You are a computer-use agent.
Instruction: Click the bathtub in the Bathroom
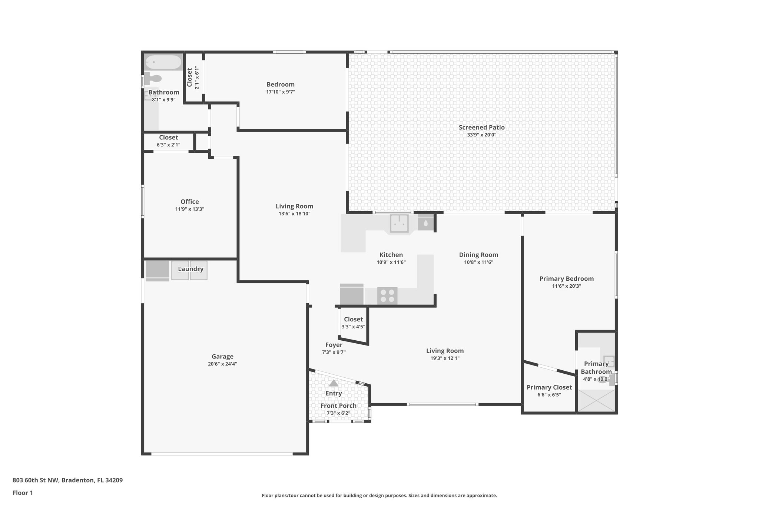[163, 63]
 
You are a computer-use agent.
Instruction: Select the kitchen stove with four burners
[387, 296]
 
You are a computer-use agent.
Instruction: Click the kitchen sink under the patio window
[399, 224]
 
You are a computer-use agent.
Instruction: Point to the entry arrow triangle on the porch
[334, 383]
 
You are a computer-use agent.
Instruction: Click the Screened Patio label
[481, 128]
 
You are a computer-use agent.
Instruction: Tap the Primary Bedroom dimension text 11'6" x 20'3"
[566, 286]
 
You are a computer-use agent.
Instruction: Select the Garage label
[222, 357]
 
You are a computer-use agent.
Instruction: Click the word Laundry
[190, 269]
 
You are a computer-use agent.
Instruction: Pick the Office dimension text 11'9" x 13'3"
[189, 209]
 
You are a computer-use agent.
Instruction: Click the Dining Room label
[478, 255]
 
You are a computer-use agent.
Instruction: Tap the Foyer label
[334, 345]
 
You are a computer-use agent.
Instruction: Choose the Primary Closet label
[549, 387]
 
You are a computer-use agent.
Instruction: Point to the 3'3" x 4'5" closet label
[353, 327]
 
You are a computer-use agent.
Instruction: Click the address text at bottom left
[67, 480]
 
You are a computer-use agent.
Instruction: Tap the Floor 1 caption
[23, 493]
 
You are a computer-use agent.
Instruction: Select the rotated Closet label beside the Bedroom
[189, 77]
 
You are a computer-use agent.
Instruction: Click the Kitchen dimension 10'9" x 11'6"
[391, 262]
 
